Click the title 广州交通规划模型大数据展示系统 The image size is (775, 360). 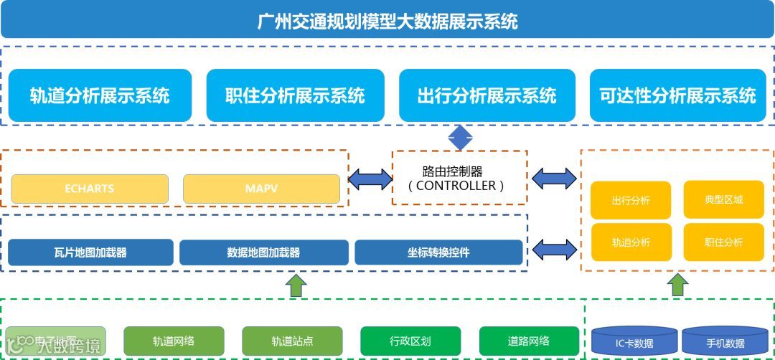[x=387, y=20]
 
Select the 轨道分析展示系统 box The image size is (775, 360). [x=100, y=95]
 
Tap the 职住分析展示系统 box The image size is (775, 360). [x=294, y=95]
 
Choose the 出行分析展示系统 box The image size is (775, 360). [x=487, y=95]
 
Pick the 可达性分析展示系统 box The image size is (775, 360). [x=677, y=95]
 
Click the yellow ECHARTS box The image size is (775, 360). [x=90, y=189]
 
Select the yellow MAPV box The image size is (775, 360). [x=261, y=189]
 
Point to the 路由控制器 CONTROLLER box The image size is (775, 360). [x=460, y=179]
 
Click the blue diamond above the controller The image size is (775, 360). [x=460, y=138]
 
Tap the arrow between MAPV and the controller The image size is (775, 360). [x=370, y=179]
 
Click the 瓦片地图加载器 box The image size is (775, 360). [x=90, y=252]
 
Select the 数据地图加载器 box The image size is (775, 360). [x=263, y=252]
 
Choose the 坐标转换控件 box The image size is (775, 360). [x=438, y=252]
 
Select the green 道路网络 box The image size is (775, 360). [x=529, y=341]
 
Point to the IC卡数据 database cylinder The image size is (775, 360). [x=634, y=341]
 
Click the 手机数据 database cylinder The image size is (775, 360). [x=725, y=341]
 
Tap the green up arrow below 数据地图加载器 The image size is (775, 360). [x=296, y=285]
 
